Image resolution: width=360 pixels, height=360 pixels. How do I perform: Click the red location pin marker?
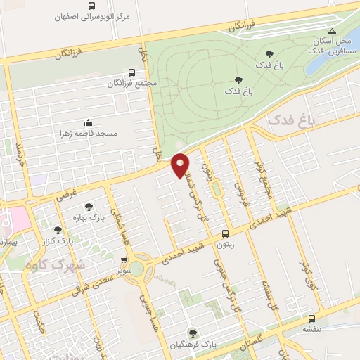pos(181,164)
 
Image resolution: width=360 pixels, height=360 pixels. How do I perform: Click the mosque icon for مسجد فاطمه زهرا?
pos(87,122)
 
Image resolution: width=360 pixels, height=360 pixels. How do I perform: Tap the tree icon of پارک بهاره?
pos(89,207)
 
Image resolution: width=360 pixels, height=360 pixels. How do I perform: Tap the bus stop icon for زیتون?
pos(225,233)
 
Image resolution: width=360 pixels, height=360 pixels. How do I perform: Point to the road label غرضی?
pos(66,193)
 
